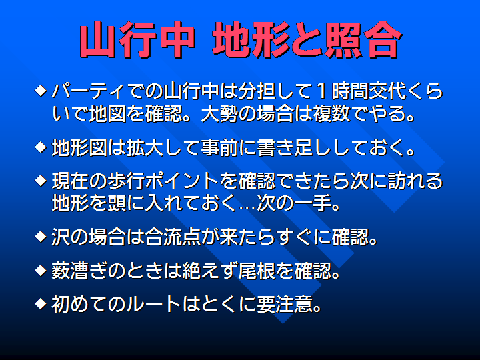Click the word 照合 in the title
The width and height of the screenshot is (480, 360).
363,40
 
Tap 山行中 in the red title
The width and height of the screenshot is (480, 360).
137,40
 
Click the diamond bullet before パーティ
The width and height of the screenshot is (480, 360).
41,91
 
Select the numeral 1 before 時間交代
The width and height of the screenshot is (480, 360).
321,91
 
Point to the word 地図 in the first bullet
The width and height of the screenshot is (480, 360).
108,114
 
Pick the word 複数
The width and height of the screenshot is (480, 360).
331,114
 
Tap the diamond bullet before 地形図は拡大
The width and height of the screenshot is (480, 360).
41,147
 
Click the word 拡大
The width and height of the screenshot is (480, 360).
145,147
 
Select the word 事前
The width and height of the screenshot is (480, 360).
219,147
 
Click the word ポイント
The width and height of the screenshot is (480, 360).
182,181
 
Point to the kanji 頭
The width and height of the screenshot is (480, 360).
117,203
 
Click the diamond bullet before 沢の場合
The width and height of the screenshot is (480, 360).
41,237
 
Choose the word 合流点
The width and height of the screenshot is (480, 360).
173,237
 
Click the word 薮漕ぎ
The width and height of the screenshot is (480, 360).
79,271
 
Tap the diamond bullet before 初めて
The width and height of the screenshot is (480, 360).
41,304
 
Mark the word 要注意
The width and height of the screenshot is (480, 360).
285,304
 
